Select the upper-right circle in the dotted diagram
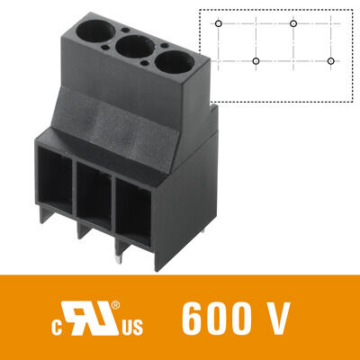click(294, 22)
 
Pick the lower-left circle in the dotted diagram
click(256, 61)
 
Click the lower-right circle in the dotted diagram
click(331, 61)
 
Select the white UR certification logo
click(93, 316)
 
